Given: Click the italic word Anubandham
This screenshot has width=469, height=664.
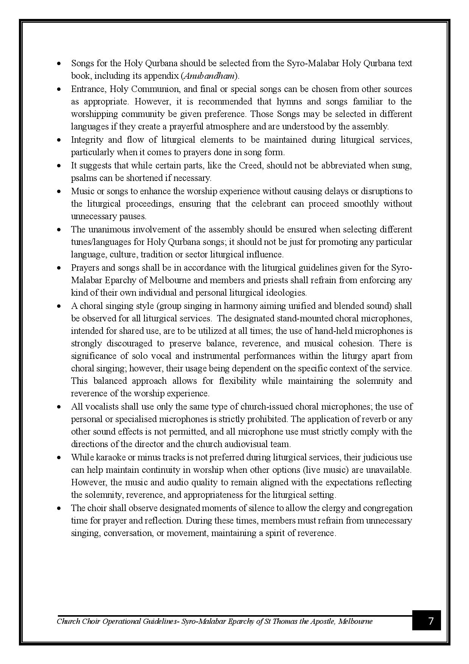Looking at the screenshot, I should click(x=208, y=76).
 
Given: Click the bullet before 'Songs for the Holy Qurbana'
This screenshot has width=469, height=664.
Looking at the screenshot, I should click(x=59, y=64).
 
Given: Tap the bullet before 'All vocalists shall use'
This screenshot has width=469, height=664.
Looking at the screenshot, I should click(x=59, y=407).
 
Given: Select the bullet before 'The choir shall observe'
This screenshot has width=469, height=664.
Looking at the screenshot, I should click(x=59, y=508).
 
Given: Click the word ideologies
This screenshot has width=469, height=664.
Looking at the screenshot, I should click(x=287, y=293).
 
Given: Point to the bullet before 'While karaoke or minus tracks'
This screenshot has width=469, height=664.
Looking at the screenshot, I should click(x=59, y=458).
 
